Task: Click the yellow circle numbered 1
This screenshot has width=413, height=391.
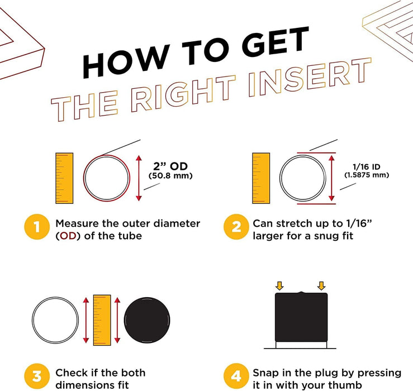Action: (x=37, y=227)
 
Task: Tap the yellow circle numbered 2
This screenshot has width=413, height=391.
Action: (x=236, y=227)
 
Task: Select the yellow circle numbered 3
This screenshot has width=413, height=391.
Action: (x=37, y=376)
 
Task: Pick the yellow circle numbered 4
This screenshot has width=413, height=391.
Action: (x=236, y=376)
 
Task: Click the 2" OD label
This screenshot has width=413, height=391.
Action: (x=170, y=166)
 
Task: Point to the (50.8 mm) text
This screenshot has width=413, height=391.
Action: (x=170, y=175)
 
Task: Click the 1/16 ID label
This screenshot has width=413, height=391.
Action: (x=367, y=166)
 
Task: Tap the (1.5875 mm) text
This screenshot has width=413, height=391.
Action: (x=367, y=175)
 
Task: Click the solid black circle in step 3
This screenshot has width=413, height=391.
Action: (x=147, y=320)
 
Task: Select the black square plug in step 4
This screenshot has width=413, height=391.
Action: (x=301, y=317)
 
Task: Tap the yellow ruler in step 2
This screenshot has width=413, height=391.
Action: (x=261, y=178)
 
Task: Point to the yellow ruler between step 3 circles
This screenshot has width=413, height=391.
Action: (x=102, y=320)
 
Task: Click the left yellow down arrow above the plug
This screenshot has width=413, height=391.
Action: (x=279, y=285)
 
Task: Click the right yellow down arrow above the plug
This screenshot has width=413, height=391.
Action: (x=321, y=285)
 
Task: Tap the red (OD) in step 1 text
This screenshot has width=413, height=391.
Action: (x=68, y=236)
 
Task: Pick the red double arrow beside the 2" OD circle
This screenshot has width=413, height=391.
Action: (x=139, y=178)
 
